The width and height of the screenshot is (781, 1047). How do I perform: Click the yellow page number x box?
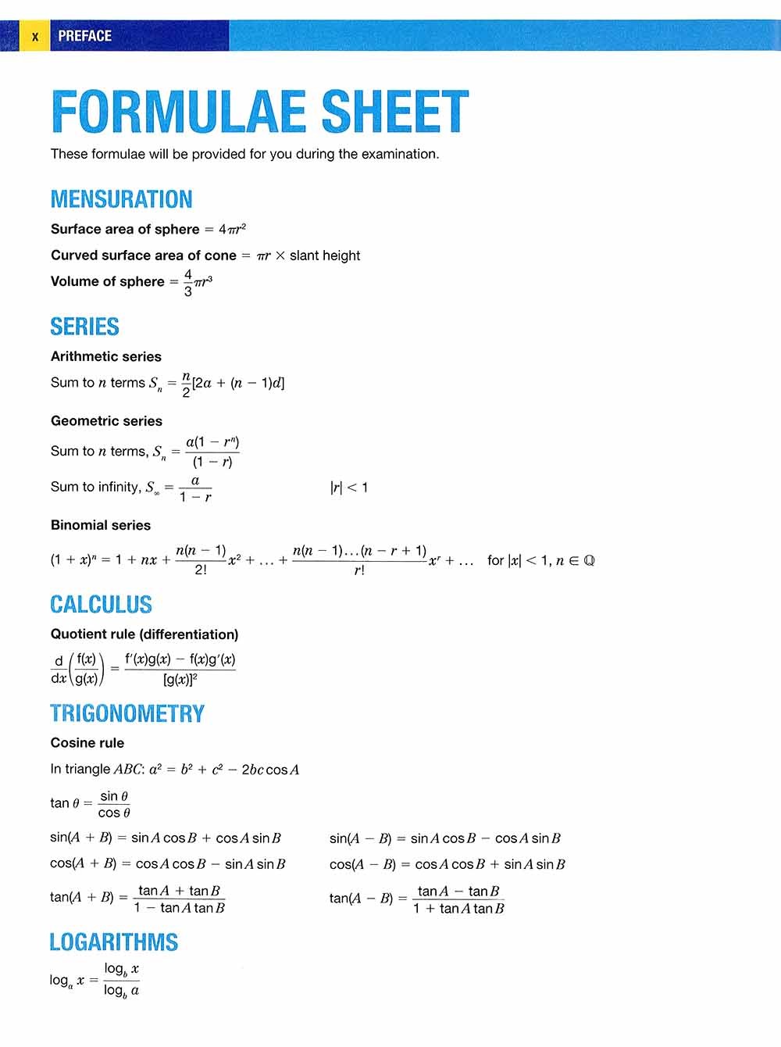coord(34,36)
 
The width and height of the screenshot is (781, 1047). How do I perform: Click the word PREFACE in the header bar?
coord(84,36)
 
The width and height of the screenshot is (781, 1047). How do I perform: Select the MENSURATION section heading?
coord(121,199)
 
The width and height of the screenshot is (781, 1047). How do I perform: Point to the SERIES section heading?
coord(84,327)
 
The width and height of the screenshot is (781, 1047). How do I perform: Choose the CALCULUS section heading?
coord(101,605)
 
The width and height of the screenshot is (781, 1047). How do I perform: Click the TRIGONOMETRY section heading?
coord(127,713)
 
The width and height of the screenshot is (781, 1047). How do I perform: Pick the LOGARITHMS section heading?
coord(113,942)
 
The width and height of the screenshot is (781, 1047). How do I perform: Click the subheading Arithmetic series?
coord(105,356)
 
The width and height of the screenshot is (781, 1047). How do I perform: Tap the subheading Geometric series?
coord(106,421)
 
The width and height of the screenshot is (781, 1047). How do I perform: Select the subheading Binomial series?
coord(100,525)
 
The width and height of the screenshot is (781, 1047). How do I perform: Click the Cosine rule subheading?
coord(87,743)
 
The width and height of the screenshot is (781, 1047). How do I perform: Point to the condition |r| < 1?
coord(348,488)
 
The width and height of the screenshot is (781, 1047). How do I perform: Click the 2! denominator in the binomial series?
coord(201,570)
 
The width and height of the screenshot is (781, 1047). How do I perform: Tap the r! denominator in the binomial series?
coord(359,571)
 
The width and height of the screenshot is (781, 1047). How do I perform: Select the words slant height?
coord(325,255)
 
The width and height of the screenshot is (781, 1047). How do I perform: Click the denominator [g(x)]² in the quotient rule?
coord(180,679)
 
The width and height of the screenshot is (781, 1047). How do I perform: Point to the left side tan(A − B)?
coord(361,899)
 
